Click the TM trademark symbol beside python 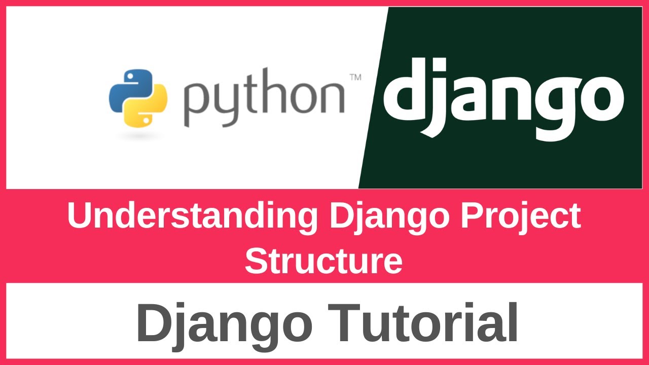355,78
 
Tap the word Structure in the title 323,261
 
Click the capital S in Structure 256,261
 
